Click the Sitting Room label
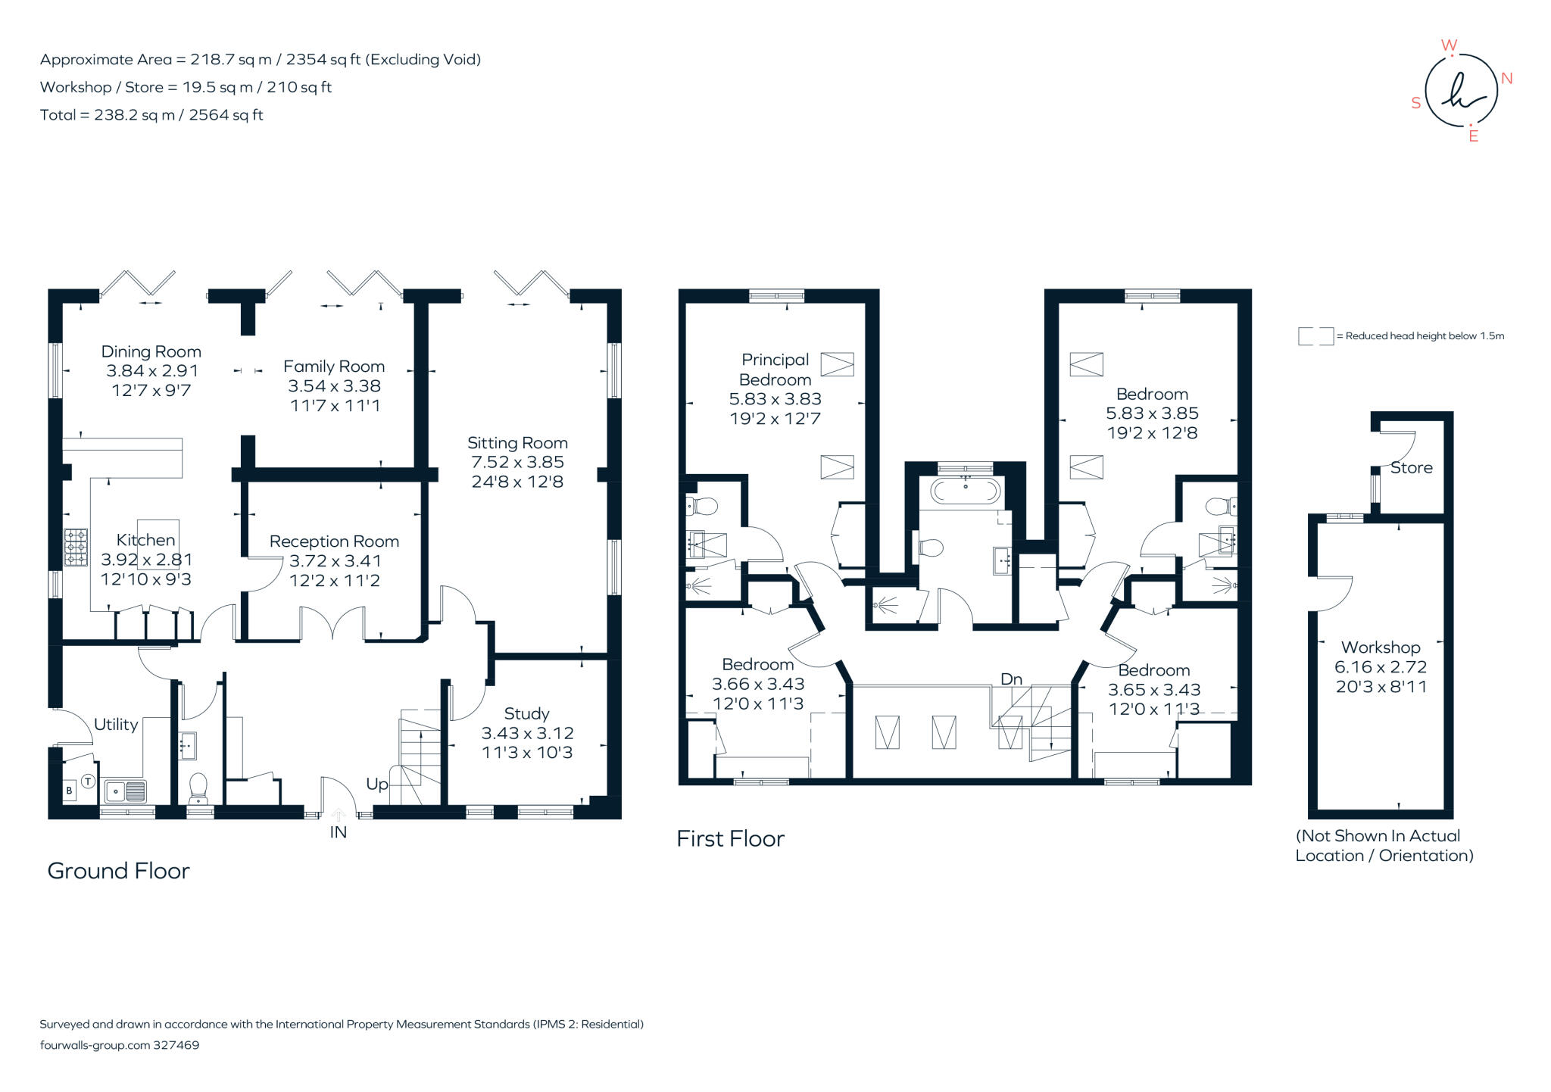click(x=517, y=443)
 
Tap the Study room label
click(x=527, y=714)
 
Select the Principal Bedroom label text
click(x=775, y=370)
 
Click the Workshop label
click(x=1381, y=647)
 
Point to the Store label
click(x=1412, y=468)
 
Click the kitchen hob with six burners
click(x=76, y=547)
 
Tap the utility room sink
click(x=126, y=791)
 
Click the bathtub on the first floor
click(x=966, y=491)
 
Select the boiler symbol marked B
click(x=69, y=791)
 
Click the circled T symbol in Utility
click(x=88, y=782)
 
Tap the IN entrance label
click(x=338, y=832)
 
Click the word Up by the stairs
click(x=377, y=785)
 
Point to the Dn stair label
click(x=1012, y=679)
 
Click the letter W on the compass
click(x=1449, y=45)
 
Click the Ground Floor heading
click(x=118, y=871)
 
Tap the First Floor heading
click(x=730, y=839)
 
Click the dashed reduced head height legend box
click(x=1315, y=336)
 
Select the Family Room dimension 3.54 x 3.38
click(x=334, y=386)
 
